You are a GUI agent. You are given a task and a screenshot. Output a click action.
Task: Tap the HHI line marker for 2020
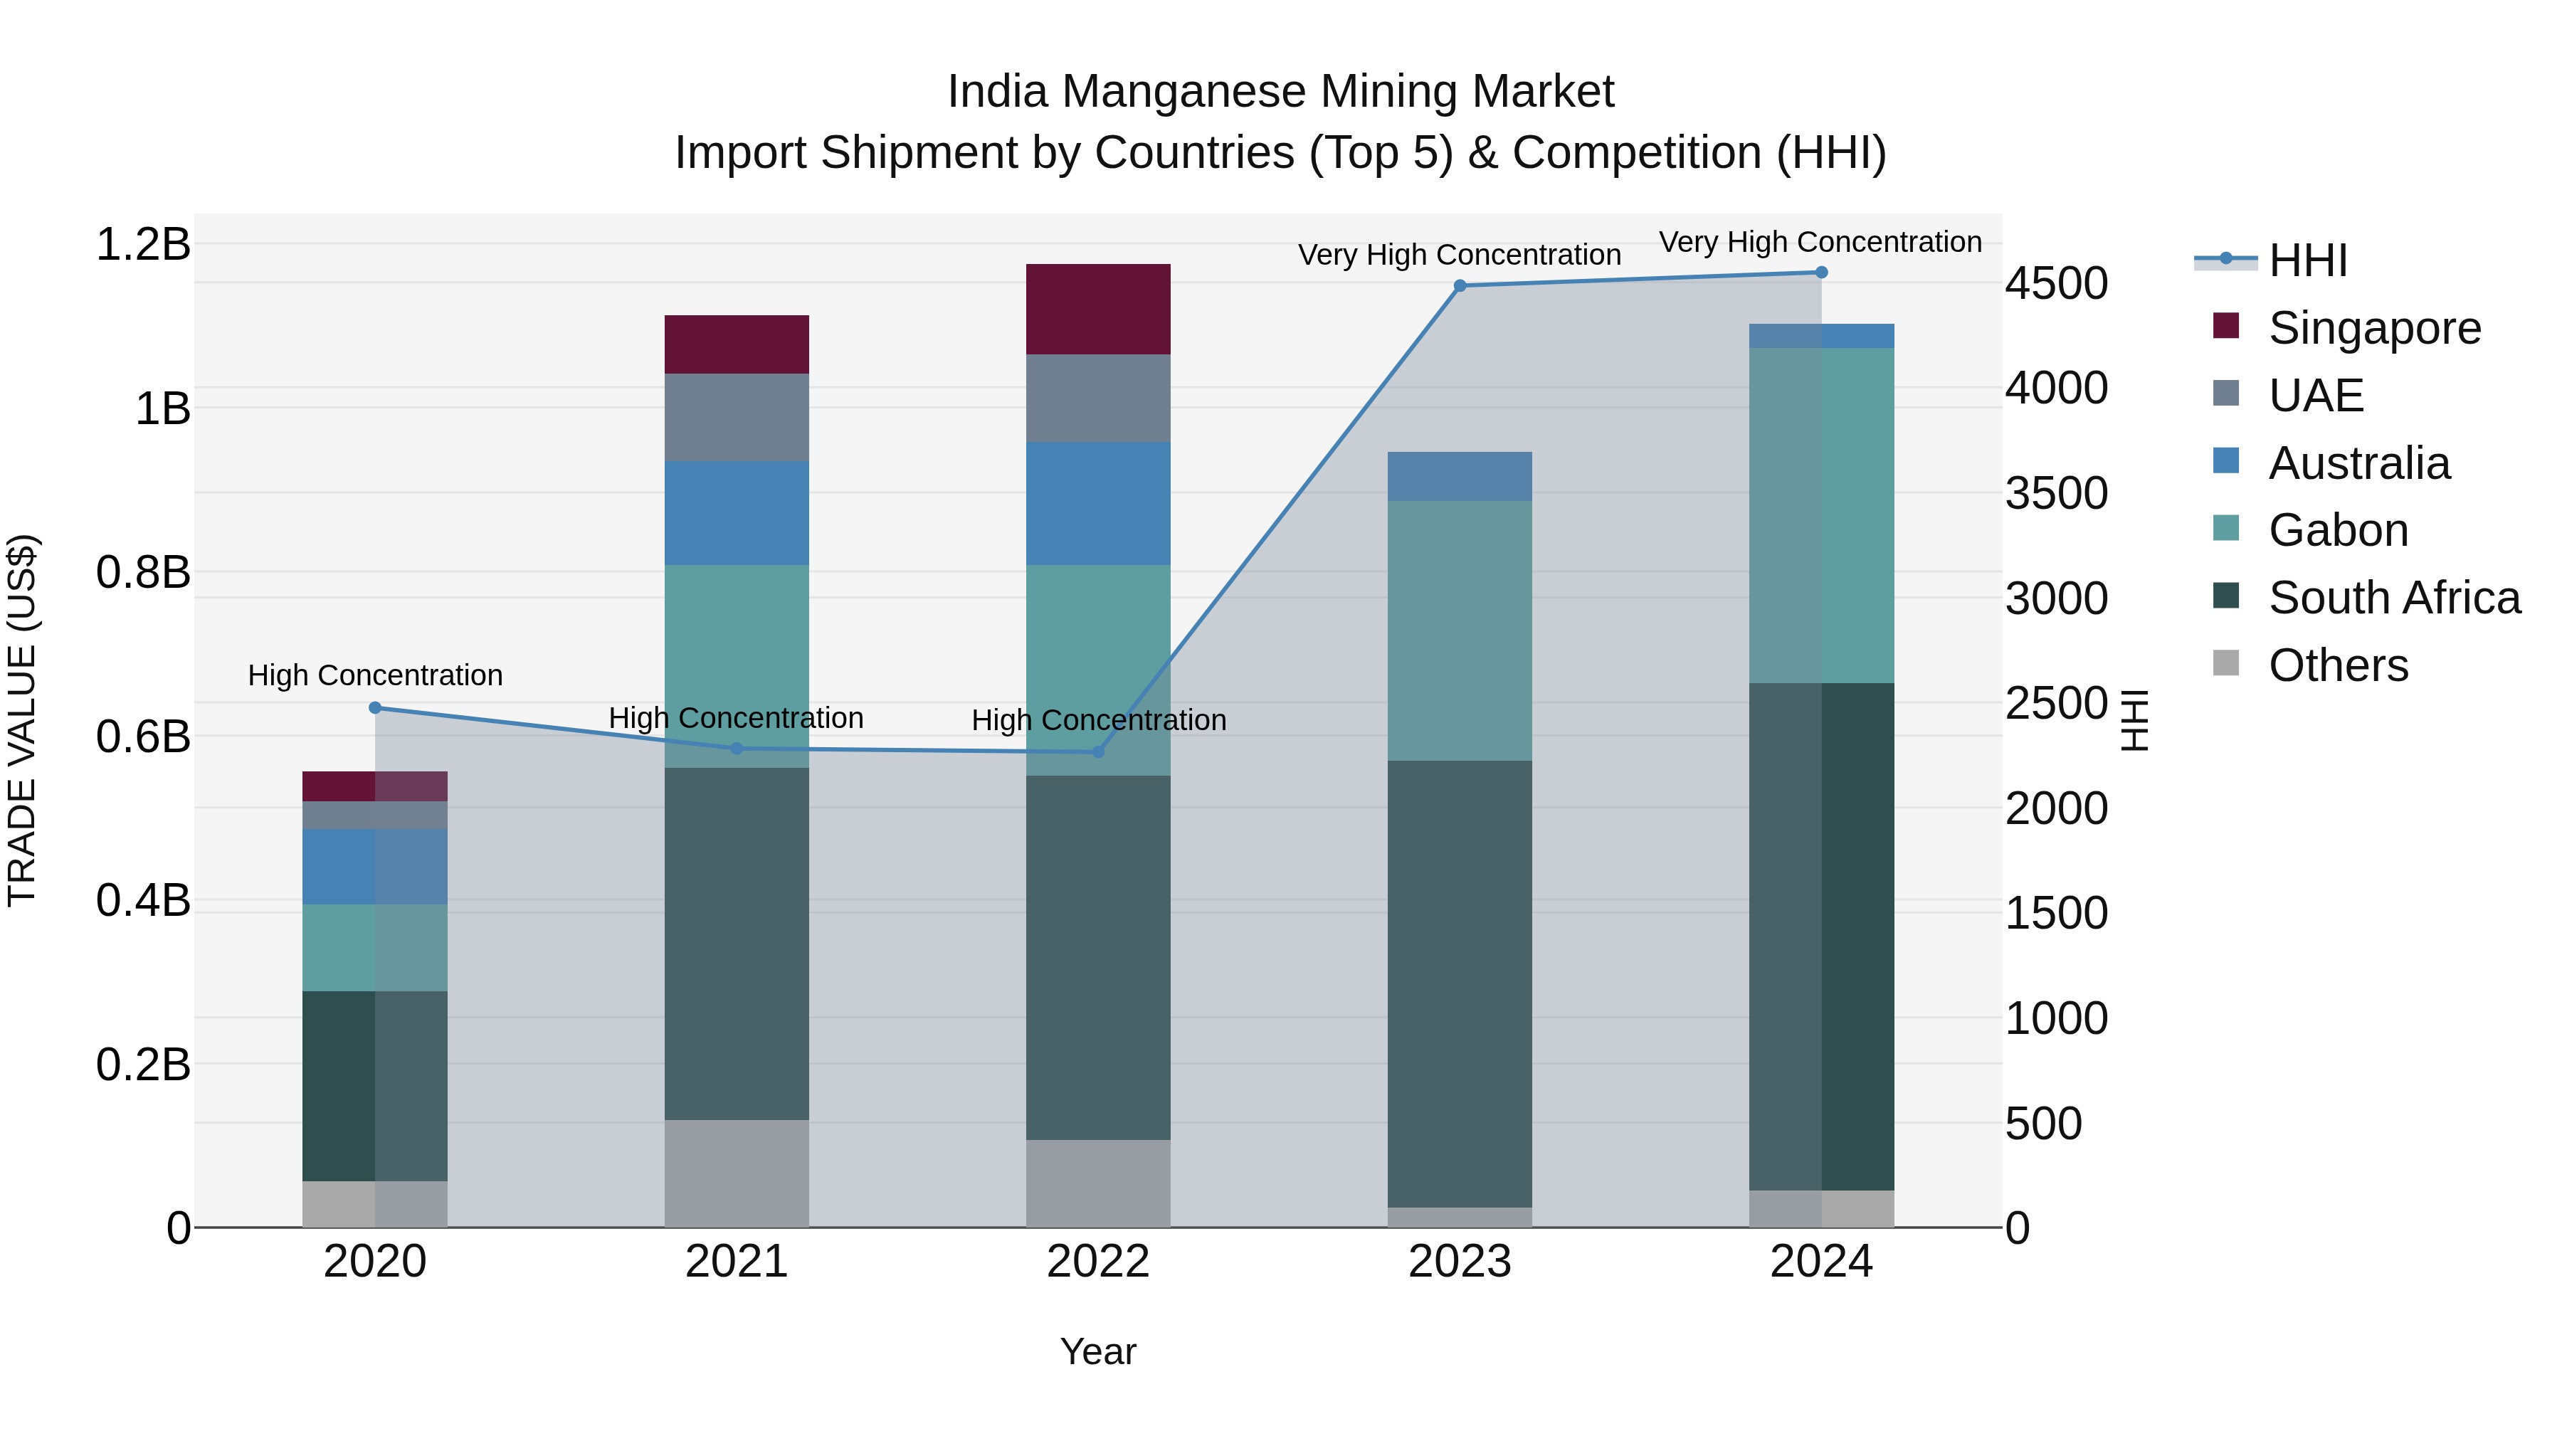(375, 708)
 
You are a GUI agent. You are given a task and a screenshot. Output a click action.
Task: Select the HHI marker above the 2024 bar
(1821, 273)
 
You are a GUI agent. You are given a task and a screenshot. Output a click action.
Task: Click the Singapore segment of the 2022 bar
(1098, 310)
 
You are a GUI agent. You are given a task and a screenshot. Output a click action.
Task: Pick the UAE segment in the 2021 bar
(736, 418)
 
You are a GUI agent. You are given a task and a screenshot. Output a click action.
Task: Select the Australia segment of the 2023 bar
(1459, 476)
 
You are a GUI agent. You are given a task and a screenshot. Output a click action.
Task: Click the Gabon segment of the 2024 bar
(1821, 515)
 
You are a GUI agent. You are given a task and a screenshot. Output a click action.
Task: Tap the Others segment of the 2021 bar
(736, 1173)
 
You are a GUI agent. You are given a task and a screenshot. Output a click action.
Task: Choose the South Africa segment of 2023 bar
(1459, 985)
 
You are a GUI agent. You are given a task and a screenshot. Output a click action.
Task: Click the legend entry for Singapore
(2374, 328)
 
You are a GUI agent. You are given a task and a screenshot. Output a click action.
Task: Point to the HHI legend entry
(2307, 260)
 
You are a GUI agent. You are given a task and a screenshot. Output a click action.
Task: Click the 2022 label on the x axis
(1098, 1262)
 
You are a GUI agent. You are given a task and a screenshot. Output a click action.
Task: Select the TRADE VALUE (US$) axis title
(22, 720)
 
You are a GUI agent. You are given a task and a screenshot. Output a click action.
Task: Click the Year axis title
(1098, 1351)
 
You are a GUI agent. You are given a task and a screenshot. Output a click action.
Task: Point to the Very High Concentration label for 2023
(1459, 255)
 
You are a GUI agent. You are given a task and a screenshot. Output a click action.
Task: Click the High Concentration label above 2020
(375, 675)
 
